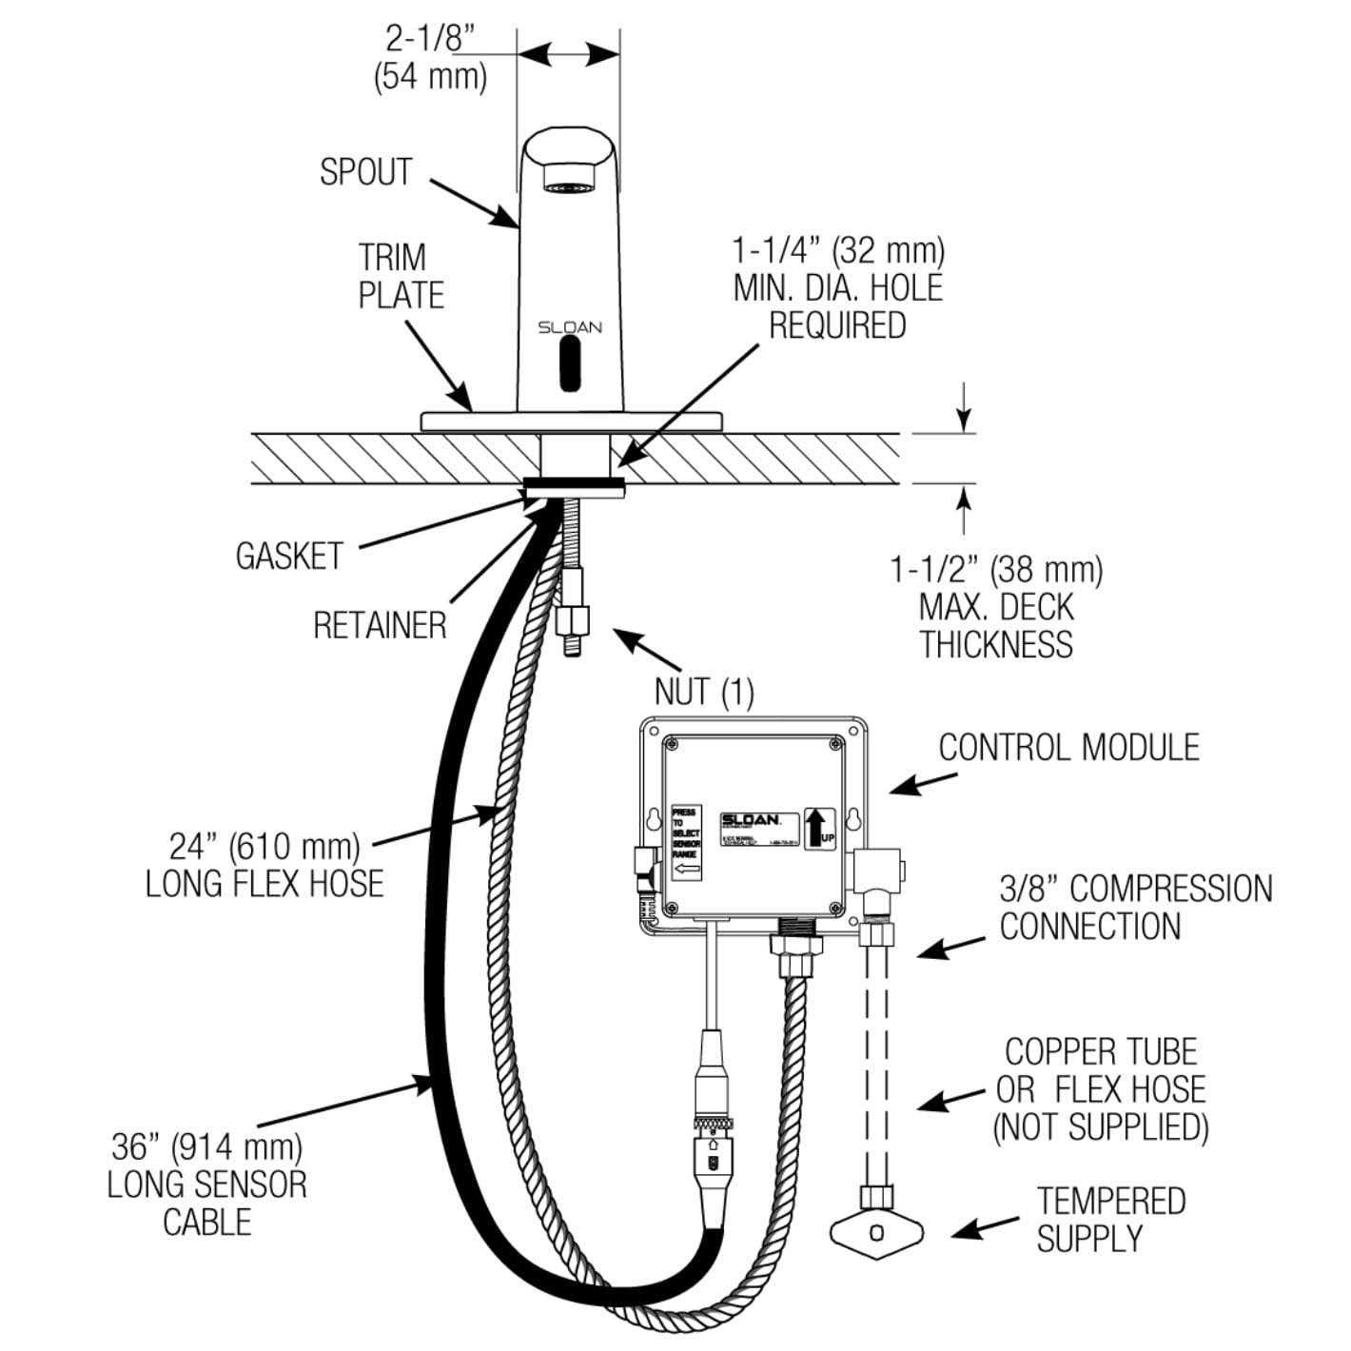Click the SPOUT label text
coord(365,172)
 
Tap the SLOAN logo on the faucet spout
coord(570,327)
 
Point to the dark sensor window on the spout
coord(570,369)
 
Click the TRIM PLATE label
coord(401,276)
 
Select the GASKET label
coord(288,556)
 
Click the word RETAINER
coord(380,625)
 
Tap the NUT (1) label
coord(704,692)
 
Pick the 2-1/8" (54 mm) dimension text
coord(430,57)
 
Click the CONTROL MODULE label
coord(1069,747)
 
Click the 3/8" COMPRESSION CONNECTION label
coord(1135,907)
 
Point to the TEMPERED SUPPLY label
coord(1110,1219)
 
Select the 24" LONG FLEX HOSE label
coord(264,864)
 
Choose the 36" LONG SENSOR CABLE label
coord(206,1184)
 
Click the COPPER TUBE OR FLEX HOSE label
coord(1101,1089)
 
